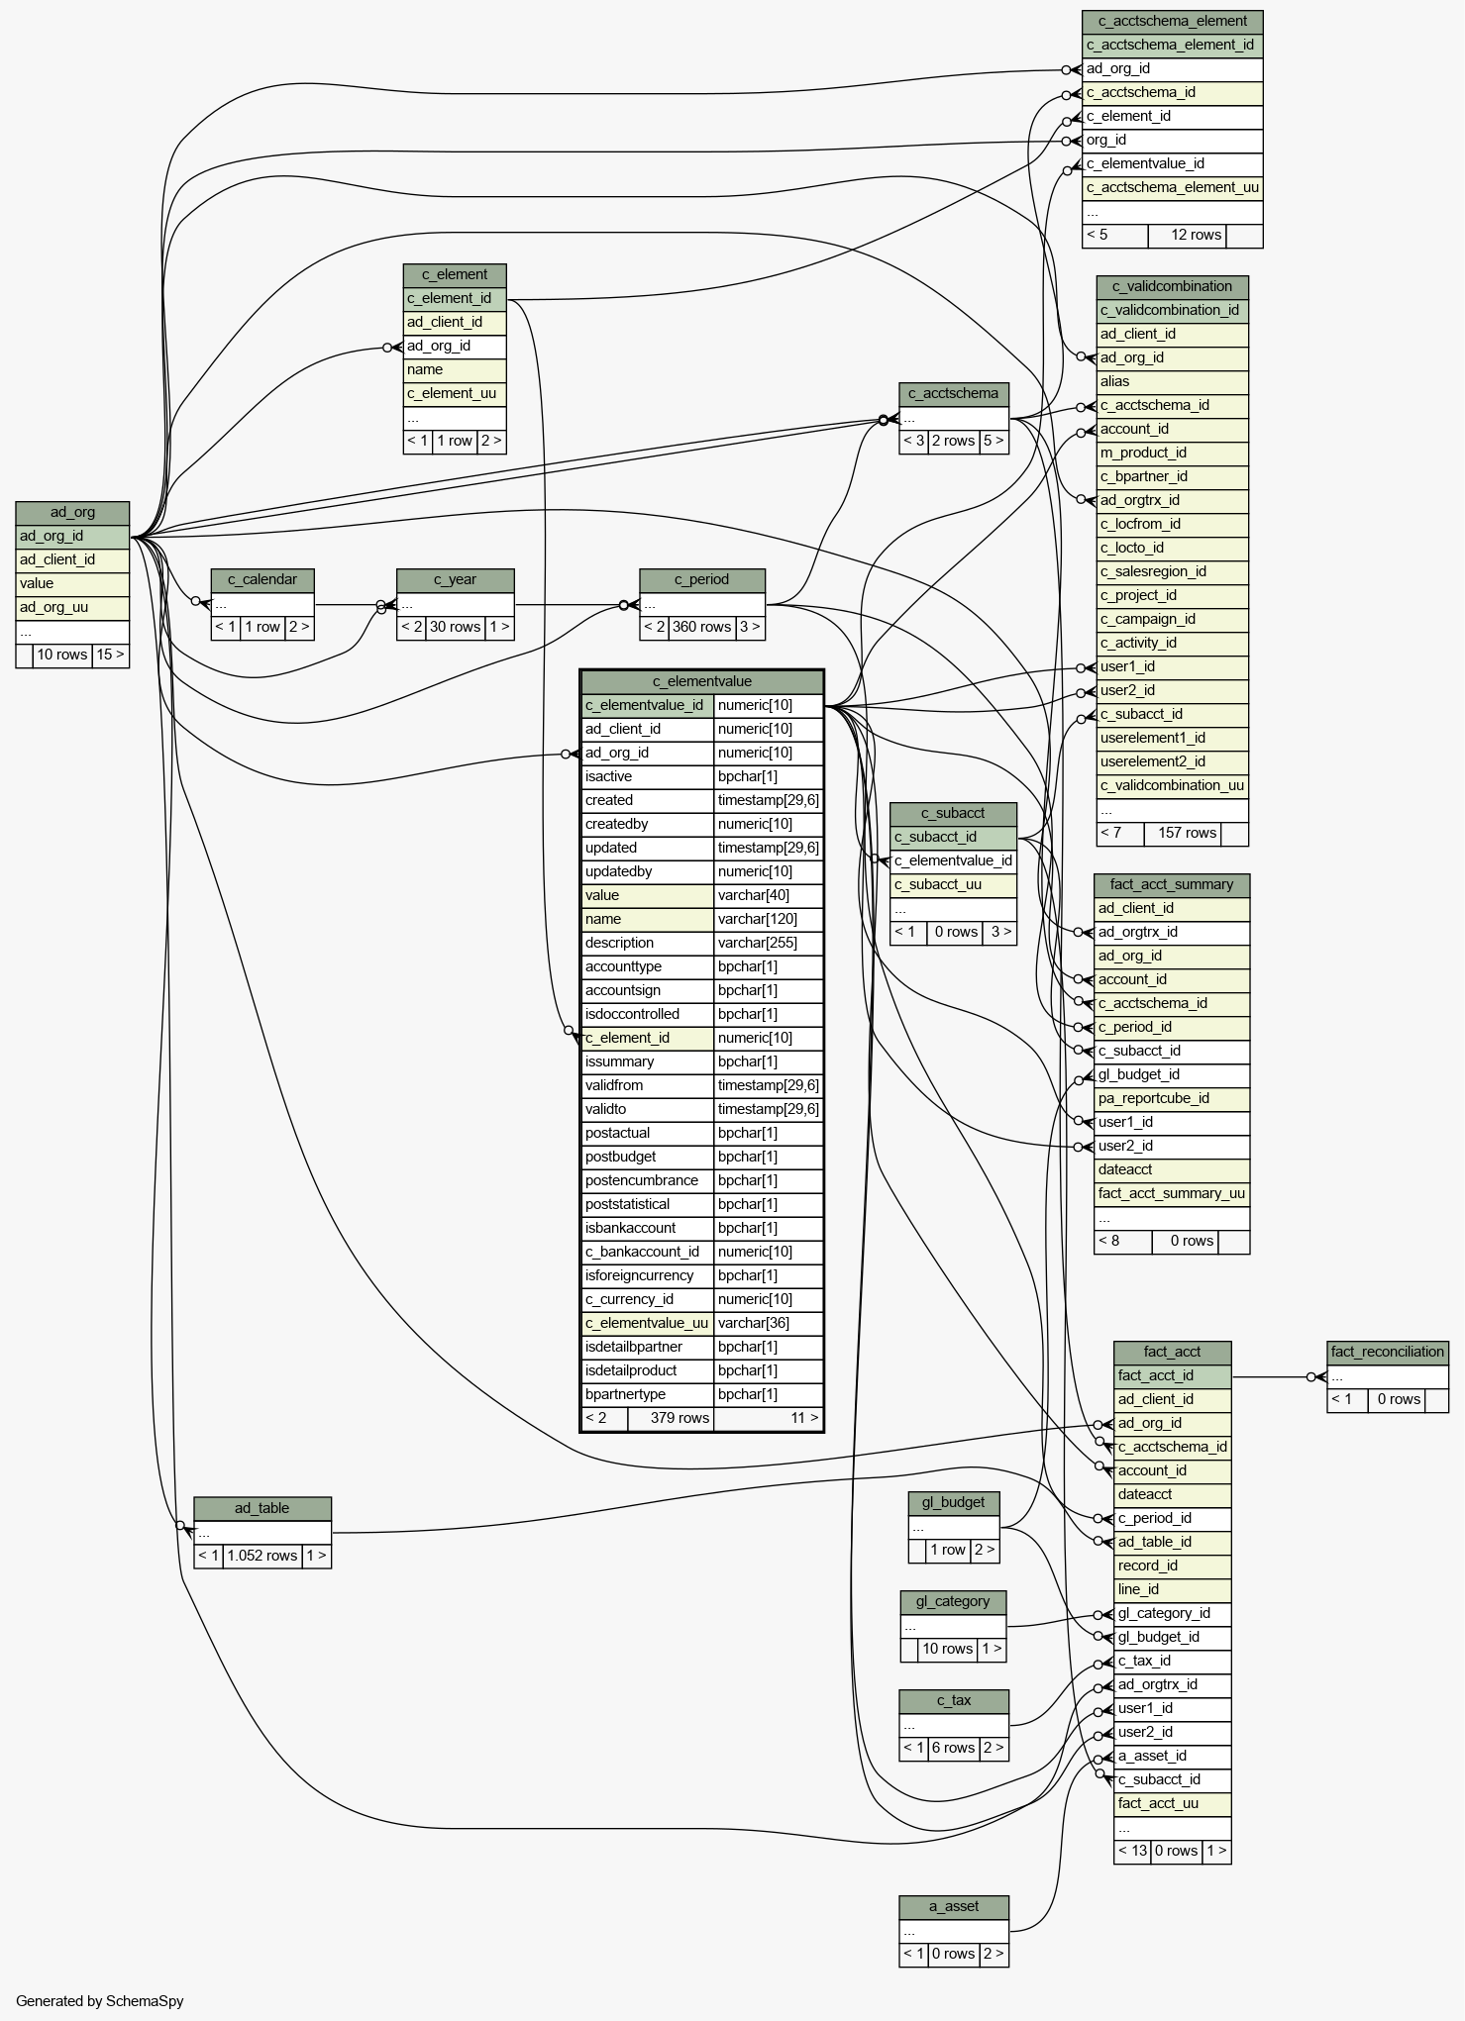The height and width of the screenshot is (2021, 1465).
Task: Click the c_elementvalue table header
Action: (x=701, y=681)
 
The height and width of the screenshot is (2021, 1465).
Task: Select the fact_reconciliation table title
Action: (x=1388, y=1352)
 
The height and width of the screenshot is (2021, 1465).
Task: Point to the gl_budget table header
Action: (x=953, y=1502)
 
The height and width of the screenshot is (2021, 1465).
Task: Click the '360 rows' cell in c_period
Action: (x=701, y=627)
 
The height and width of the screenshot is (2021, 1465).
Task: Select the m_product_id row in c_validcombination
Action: (x=1172, y=453)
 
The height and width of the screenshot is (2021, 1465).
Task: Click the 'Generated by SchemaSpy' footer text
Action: (x=100, y=2000)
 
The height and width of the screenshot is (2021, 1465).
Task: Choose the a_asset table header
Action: (x=953, y=1906)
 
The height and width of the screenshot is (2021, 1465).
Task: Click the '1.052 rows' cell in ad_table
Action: (x=262, y=1556)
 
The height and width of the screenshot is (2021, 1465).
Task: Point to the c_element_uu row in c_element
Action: (x=455, y=393)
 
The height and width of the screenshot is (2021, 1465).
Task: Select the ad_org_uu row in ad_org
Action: (x=72, y=607)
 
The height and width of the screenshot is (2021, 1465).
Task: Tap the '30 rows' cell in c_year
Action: (x=455, y=627)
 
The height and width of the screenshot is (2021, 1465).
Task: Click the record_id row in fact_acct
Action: (x=1172, y=1566)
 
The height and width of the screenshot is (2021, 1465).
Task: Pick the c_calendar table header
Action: (x=262, y=579)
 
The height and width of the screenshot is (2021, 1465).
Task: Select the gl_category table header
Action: (x=953, y=1601)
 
